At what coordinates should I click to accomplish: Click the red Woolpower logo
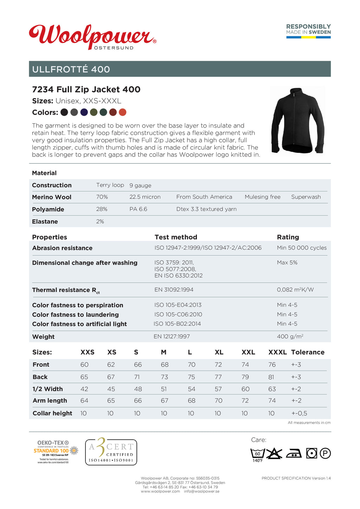coord(92,36)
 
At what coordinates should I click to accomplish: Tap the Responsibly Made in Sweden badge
coord(308,31)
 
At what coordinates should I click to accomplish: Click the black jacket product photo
coord(298,120)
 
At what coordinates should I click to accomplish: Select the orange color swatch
coord(122,112)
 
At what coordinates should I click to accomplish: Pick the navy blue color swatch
coord(84,112)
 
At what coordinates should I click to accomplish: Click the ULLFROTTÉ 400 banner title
coord(71,69)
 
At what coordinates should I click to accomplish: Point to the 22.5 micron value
coord(145,197)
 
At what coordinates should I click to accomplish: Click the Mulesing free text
coord(262,197)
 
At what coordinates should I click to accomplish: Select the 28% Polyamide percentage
coord(102,209)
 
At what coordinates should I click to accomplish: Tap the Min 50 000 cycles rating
coord(302,248)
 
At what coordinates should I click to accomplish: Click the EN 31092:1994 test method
coord(174,290)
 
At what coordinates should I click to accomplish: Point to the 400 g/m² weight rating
coord(290,336)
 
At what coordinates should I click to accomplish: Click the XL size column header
coord(219,352)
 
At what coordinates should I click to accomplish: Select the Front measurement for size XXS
coord(84,365)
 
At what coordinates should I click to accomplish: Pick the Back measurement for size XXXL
coord(271,377)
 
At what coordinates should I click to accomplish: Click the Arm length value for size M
coord(164,401)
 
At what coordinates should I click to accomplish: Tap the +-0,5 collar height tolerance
coord(299,413)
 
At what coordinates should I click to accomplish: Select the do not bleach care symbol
coord(274,453)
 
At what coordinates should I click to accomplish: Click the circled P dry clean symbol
coord(325,453)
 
